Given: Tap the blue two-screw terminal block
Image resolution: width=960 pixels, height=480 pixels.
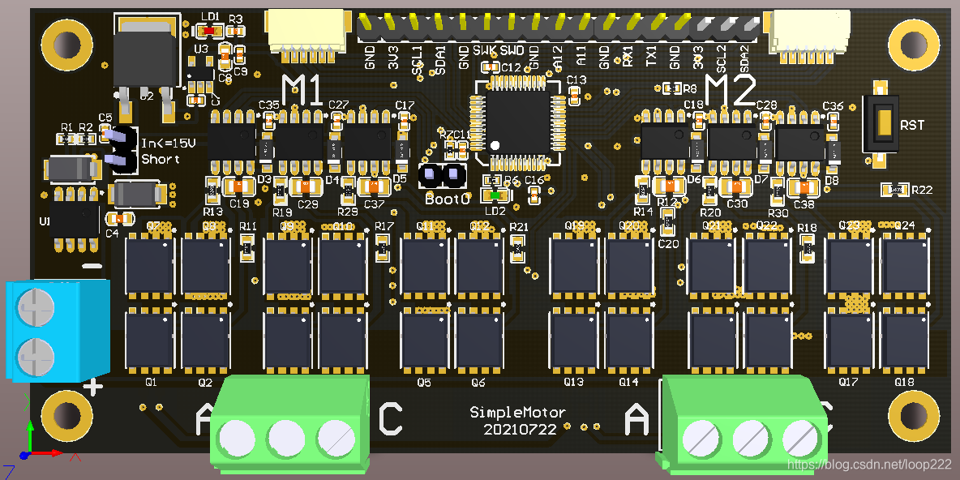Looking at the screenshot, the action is pos(57,331).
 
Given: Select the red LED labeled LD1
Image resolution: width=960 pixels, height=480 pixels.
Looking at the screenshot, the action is pos(209,30).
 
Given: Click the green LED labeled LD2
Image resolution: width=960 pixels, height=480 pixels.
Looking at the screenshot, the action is pos(495,195).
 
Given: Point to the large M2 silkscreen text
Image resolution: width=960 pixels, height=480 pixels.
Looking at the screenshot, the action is pos(731,89).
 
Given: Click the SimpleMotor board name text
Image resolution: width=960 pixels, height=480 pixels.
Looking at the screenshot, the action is pos(518,413).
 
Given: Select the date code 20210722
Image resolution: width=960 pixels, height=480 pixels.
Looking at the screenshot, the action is pos(520,429).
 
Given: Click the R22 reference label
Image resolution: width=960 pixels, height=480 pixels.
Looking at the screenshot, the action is pos(921,191).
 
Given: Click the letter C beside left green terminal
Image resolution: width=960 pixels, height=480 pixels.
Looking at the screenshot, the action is pos(390,418).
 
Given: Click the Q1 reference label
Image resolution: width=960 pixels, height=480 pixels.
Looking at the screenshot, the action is pos(150,382).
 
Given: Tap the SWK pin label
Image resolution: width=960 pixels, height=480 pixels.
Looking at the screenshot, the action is pos(485,51).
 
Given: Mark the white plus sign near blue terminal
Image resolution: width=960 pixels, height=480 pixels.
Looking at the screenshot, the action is pos(93,387).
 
